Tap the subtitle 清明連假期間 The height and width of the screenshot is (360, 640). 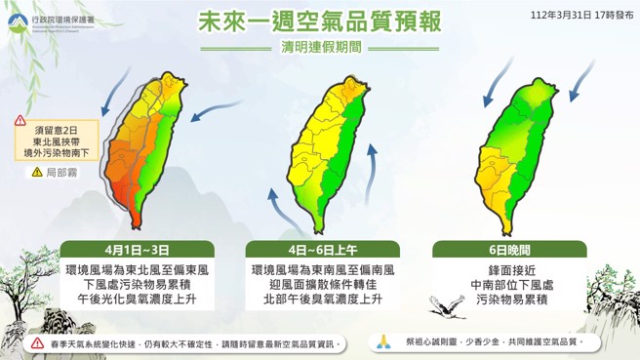pos(320,46)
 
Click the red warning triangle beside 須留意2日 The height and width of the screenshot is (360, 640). pos(21,121)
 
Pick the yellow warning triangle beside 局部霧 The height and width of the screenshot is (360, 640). pos(37,172)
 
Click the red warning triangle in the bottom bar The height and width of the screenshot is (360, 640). pos(37,343)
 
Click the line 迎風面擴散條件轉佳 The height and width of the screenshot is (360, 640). pos(322,284)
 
